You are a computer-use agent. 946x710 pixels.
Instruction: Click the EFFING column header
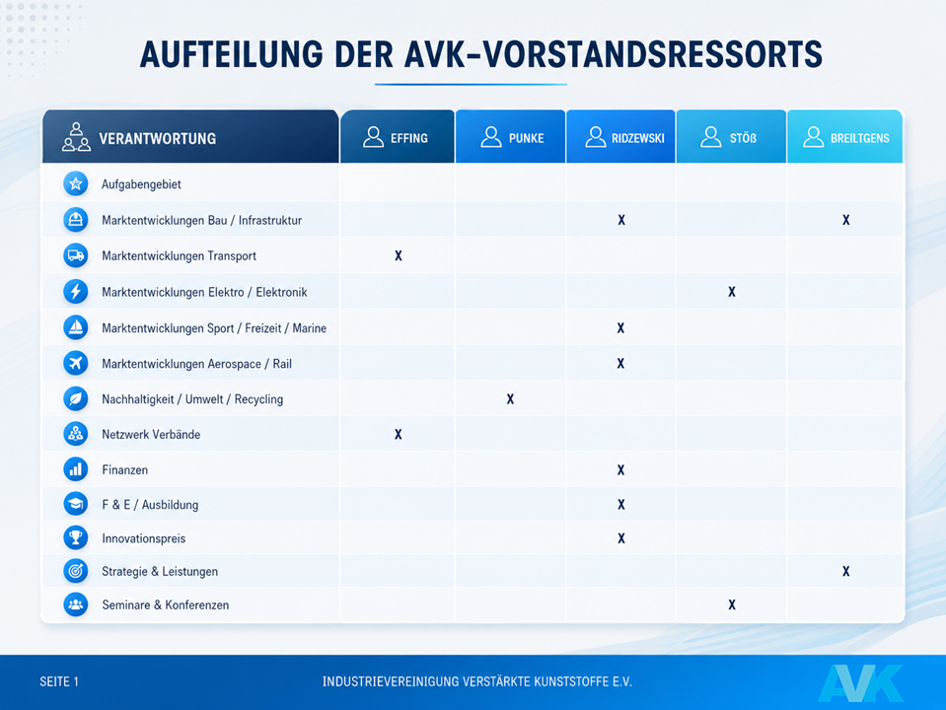pyautogui.click(x=397, y=137)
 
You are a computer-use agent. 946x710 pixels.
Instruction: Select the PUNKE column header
pyautogui.click(x=510, y=137)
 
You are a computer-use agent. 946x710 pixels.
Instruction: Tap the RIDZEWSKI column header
pyautogui.click(x=620, y=137)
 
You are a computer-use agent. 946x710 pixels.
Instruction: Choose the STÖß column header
pyautogui.click(x=731, y=137)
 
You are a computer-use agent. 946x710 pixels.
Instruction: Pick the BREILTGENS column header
pyautogui.click(x=844, y=137)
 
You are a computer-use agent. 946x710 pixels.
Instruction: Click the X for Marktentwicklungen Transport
pyautogui.click(x=399, y=255)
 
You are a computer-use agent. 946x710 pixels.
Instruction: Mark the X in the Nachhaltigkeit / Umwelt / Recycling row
pyautogui.click(x=510, y=398)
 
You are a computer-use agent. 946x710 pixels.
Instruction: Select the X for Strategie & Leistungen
pyautogui.click(x=845, y=571)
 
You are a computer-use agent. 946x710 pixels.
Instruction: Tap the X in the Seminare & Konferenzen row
pyautogui.click(x=732, y=604)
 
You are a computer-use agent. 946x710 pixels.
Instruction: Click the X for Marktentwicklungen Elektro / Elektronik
pyautogui.click(x=732, y=292)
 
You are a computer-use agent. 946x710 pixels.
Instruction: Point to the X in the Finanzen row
pyautogui.click(x=620, y=470)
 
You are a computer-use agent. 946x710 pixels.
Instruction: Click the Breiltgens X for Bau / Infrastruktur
pyautogui.click(x=845, y=220)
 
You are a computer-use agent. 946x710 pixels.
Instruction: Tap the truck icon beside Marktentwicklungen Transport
pyautogui.click(x=75, y=255)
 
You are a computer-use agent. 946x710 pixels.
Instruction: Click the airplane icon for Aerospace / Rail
pyautogui.click(x=75, y=363)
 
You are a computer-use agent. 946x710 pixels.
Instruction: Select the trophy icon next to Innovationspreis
pyautogui.click(x=75, y=537)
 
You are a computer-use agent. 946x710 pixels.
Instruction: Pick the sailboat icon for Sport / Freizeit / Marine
pyautogui.click(x=75, y=327)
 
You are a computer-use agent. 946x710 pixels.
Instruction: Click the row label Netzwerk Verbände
pyautogui.click(x=151, y=434)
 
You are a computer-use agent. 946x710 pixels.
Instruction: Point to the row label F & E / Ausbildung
pyautogui.click(x=150, y=505)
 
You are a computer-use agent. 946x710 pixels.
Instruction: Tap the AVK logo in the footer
pyautogui.click(x=861, y=682)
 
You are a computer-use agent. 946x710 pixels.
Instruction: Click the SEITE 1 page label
pyautogui.click(x=59, y=681)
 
